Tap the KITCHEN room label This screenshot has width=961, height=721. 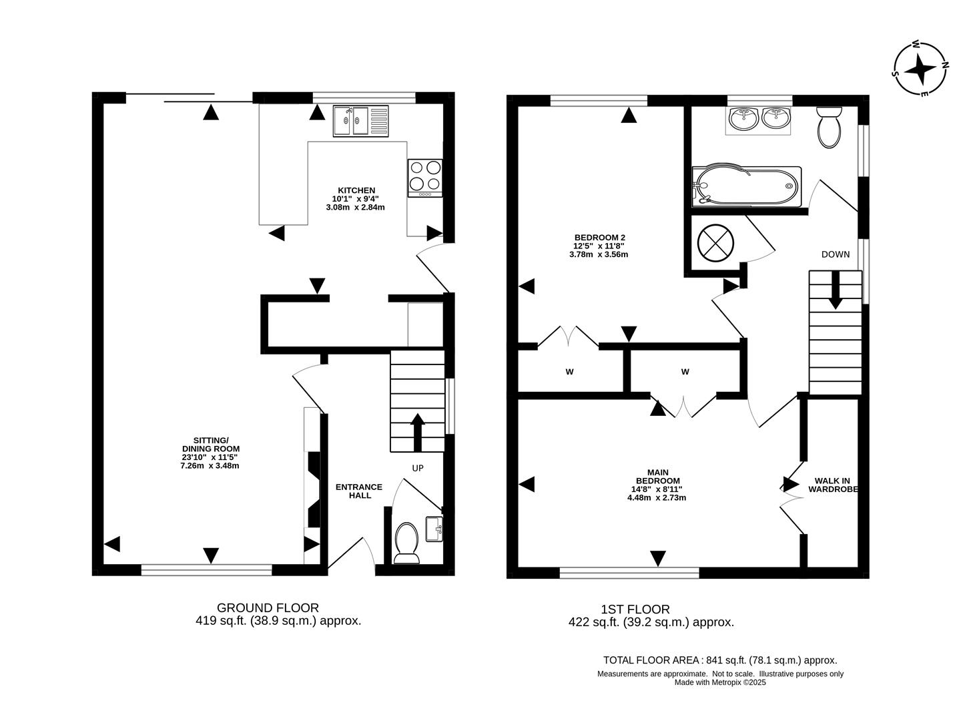[x=355, y=190]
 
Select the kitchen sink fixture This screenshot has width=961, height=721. [x=360, y=121]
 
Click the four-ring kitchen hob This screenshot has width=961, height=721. [x=425, y=178]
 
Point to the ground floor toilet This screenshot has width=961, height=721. [x=406, y=541]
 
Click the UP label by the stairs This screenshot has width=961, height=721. [x=418, y=468]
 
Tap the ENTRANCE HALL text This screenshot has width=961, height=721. [x=358, y=491]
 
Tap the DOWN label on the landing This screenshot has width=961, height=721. [x=836, y=254]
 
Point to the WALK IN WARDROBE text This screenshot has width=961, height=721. [x=832, y=485]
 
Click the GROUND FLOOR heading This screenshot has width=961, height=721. [x=268, y=608]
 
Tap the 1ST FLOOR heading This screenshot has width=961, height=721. [x=635, y=609]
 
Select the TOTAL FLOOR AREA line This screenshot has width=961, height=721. [x=719, y=660]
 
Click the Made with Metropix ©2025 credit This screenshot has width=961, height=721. [x=720, y=682]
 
